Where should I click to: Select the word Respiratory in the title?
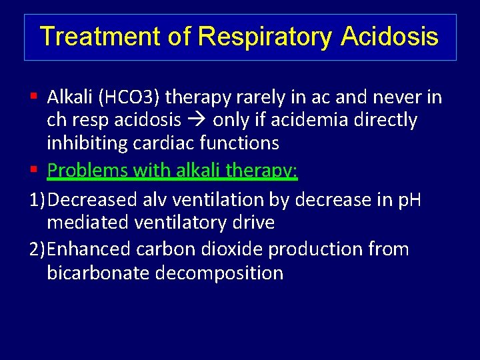266,37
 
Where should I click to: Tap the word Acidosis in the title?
389,36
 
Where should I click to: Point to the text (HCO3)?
129,97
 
